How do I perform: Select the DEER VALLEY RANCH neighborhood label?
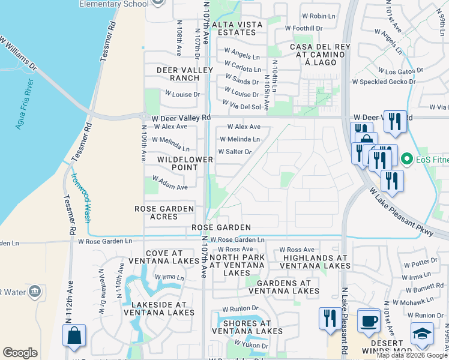[x=178, y=74]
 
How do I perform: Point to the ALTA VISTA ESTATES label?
[x=241, y=28]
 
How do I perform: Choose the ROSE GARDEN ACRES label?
[x=164, y=212]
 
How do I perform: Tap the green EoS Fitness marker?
[x=407, y=160]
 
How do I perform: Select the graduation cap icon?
[x=422, y=334]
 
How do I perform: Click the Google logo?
[x=20, y=353]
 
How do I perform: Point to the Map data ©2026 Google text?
[x=411, y=355]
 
